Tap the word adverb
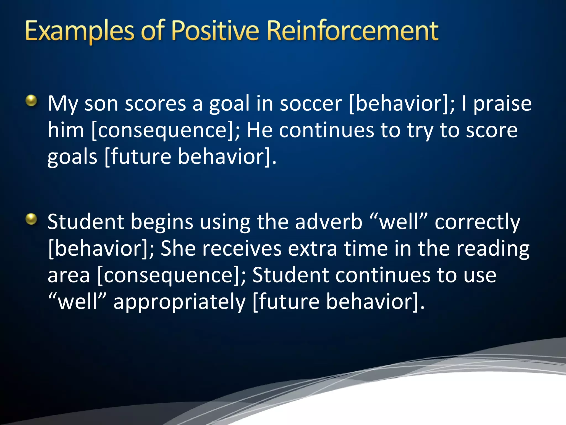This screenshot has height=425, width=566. [328, 222]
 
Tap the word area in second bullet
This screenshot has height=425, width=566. [69, 276]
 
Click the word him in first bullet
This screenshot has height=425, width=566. [65, 130]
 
